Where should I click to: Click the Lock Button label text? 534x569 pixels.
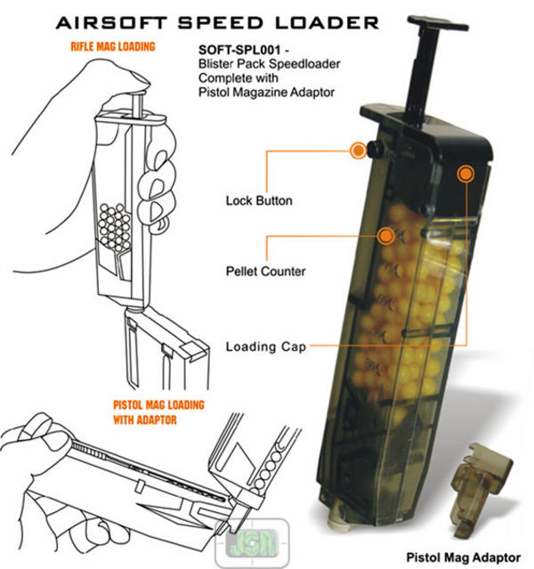point(259,201)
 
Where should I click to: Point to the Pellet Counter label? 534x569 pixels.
point(266,271)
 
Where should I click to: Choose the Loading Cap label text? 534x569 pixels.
point(267,347)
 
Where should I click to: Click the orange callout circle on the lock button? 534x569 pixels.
point(358,150)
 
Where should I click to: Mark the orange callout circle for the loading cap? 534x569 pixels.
point(464,174)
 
